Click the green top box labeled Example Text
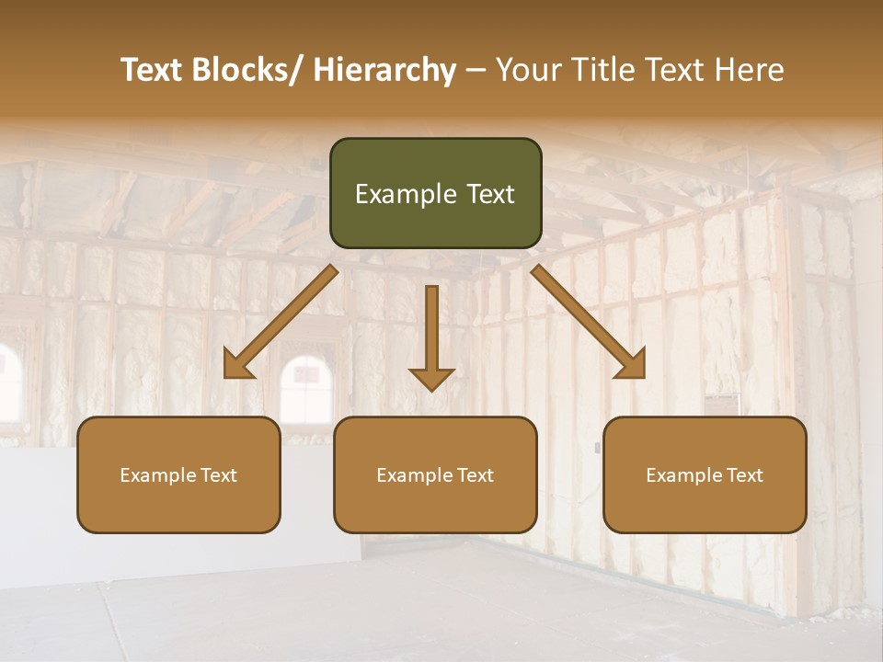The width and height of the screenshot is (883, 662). click(435, 193)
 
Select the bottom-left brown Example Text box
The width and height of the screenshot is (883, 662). click(178, 474)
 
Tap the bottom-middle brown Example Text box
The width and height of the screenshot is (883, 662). click(435, 474)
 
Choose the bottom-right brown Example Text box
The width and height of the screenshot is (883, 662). click(705, 474)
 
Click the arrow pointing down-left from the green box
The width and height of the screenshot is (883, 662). click(281, 322)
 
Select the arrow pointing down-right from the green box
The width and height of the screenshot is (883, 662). click(589, 322)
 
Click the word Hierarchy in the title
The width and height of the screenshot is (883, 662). click(384, 71)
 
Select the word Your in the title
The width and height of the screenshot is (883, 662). click(530, 71)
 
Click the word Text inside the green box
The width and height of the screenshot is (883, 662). click(489, 194)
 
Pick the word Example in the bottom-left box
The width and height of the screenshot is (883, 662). click(155, 475)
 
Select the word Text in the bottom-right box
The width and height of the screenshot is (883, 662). click(743, 475)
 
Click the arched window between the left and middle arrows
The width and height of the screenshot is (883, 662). click(306, 386)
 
